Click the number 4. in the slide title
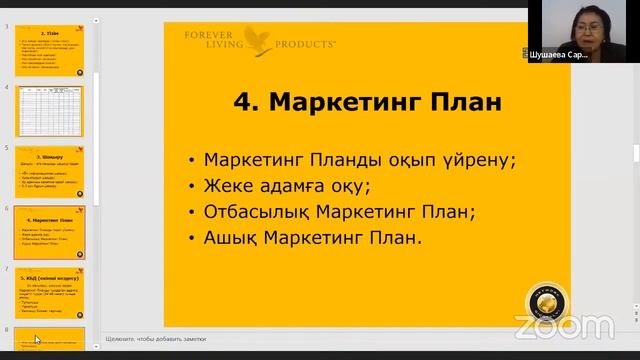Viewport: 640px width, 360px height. (x=246, y=103)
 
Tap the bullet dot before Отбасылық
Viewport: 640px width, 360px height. (x=190, y=213)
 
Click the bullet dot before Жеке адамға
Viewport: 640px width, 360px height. (x=190, y=187)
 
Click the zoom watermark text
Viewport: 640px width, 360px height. (x=564, y=326)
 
